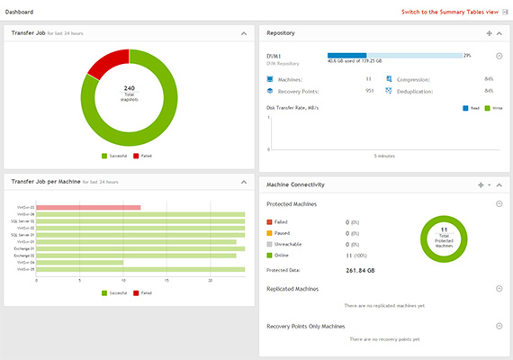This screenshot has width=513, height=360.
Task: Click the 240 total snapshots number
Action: (129, 88)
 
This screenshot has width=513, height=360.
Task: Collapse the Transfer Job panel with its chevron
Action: (244, 33)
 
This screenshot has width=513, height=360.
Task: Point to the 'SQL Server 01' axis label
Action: (22, 220)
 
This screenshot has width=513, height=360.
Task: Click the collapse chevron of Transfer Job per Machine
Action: (244, 182)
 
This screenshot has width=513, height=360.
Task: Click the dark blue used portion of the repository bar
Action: (346, 55)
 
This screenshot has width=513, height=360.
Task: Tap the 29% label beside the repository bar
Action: (467, 55)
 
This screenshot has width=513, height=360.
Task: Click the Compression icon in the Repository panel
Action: (390, 79)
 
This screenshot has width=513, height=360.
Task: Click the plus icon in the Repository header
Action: (489, 33)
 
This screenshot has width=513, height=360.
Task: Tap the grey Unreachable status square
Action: (270, 243)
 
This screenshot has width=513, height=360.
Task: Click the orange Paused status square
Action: (270, 231)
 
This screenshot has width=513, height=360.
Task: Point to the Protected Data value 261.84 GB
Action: (363, 269)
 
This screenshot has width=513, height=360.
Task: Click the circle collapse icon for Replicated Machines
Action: (499, 288)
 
